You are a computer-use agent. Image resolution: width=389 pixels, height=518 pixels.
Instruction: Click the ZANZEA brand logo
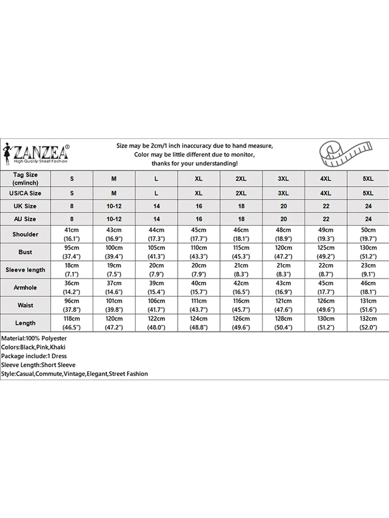tap(41, 153)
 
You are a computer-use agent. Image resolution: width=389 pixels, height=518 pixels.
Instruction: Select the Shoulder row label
tap(25, 234)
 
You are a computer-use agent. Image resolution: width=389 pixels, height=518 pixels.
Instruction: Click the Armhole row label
tap(25, 287)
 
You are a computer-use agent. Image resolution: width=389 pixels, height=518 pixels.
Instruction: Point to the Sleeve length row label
tap(25, 270)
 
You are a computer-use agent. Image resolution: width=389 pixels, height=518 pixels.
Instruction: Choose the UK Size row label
tap(25, 206)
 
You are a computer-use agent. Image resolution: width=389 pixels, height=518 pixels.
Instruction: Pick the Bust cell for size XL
tap(199, 252)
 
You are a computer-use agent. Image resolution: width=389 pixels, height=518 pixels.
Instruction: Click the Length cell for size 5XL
tap(368, 323)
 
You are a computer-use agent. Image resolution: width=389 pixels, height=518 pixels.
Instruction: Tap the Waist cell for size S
tap(72, 305)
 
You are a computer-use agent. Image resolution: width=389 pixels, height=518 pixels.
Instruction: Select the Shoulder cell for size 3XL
tap(283, 234)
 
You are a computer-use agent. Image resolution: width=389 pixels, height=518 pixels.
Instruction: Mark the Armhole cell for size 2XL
tap(241, 287)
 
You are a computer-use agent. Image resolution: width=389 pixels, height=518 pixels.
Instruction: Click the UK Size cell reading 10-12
tap(114, 206)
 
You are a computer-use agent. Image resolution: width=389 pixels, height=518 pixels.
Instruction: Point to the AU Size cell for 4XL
tap(326, 219)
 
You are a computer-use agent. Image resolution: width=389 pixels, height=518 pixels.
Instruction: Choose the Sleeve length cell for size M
tap(114, 270)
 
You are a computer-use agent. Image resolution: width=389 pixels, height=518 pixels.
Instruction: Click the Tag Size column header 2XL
tap(241, 179)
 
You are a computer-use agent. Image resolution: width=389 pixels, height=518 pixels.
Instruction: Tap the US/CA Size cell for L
tap(157, 193)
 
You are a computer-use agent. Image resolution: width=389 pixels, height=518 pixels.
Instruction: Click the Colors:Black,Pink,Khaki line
tap(33, 347)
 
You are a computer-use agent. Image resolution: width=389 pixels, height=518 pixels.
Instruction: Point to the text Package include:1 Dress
tap(34, 356)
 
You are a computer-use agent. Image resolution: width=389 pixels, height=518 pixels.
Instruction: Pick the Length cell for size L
tap(157, 323)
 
